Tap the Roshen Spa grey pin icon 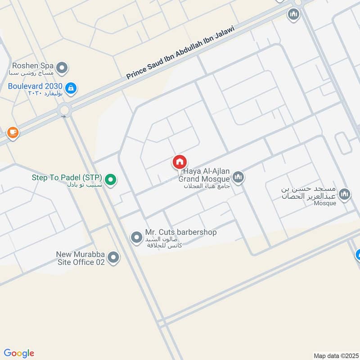click(63, 68)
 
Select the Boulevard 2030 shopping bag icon click(70, 88)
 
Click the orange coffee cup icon click(13, 133)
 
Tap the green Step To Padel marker click(112, 180)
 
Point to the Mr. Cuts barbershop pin click(136, 237)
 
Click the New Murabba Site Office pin click(114, 258)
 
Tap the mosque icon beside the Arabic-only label click(344, 194)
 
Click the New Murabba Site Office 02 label click(81, 258)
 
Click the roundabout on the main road click(65, 109)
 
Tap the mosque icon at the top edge click(294, 14)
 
